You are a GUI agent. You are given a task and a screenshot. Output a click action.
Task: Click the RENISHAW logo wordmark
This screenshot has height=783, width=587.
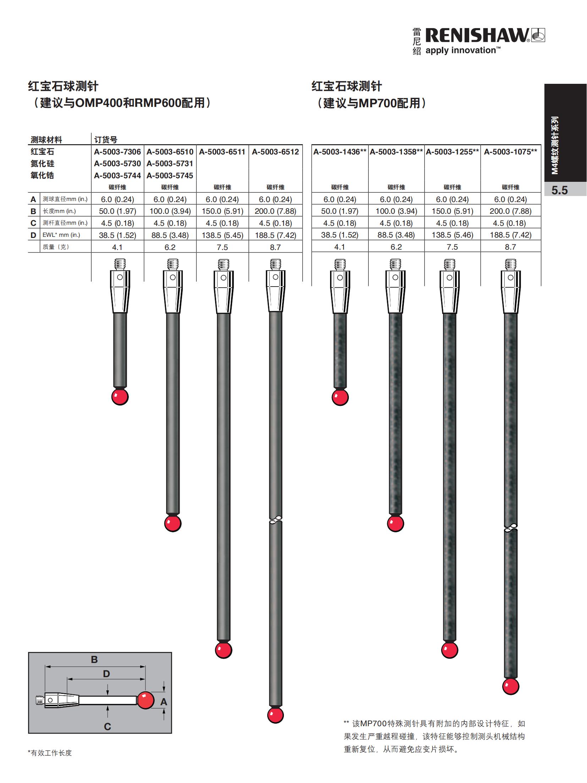477,36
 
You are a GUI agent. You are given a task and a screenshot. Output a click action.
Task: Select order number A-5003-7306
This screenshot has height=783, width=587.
117,152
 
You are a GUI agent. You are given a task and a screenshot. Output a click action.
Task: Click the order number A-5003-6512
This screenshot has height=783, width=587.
275,152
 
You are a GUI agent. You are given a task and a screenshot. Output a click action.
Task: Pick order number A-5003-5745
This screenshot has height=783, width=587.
170,175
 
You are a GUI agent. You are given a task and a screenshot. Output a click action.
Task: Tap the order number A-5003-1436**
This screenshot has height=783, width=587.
340,152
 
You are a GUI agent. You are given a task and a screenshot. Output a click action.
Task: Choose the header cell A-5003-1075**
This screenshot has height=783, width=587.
510,152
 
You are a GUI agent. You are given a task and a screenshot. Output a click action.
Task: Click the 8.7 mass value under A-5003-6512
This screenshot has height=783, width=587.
275,247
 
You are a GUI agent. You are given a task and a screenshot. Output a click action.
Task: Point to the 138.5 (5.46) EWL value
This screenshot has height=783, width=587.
452,235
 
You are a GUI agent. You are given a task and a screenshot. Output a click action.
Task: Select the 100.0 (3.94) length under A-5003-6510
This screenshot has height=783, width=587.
170,211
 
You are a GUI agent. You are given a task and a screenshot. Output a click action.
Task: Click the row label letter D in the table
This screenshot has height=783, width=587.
33,235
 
